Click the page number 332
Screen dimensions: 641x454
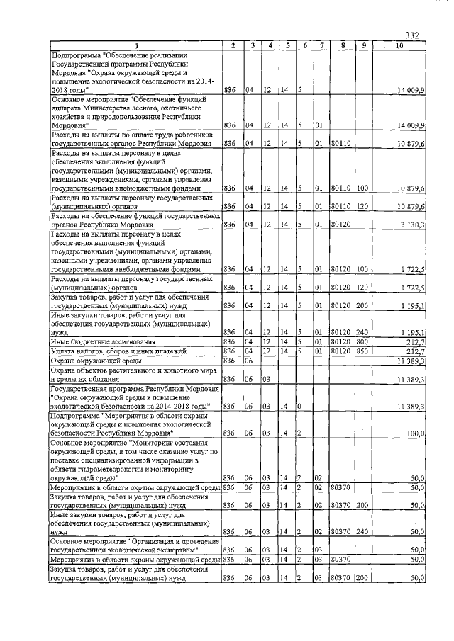pyautogui.click(x=414, y=36)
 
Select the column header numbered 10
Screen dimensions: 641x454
pyautogui.click(x=399, y=47)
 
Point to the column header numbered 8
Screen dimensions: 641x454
pyautogui.click(x=343, y=47)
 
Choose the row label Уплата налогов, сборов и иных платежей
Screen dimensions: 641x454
pyautogui.click(x=118, y=351)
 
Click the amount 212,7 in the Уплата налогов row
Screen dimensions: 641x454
pyautogui.click(x=415, y=351)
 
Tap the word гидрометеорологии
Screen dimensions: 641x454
pyautogui.click(x=106, y=469)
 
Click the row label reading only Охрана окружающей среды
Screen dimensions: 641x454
pyautogui.click(x=95, y=361)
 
